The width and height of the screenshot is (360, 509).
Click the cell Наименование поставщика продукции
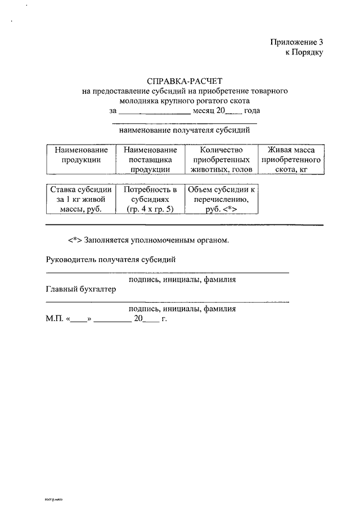pyautogui.click(x=150, y=159)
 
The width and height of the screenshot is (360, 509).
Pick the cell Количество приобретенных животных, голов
pyautogui.click(x=220, y=159)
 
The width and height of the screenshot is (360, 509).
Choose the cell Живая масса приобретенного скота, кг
pyautogui.click(x=291, y=159)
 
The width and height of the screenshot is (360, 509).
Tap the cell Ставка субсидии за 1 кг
pyautogui.click(x=80, y=199)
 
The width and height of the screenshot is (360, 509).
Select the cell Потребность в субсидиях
pyautogui.click(x=150, y=199)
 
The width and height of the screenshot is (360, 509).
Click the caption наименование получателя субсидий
pyautogui.click(x=184, y=130)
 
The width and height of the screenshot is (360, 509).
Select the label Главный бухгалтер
pyautogui.click(x=80, y=289)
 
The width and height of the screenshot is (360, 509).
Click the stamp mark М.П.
pyautogui.click(x=55, y=318)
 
